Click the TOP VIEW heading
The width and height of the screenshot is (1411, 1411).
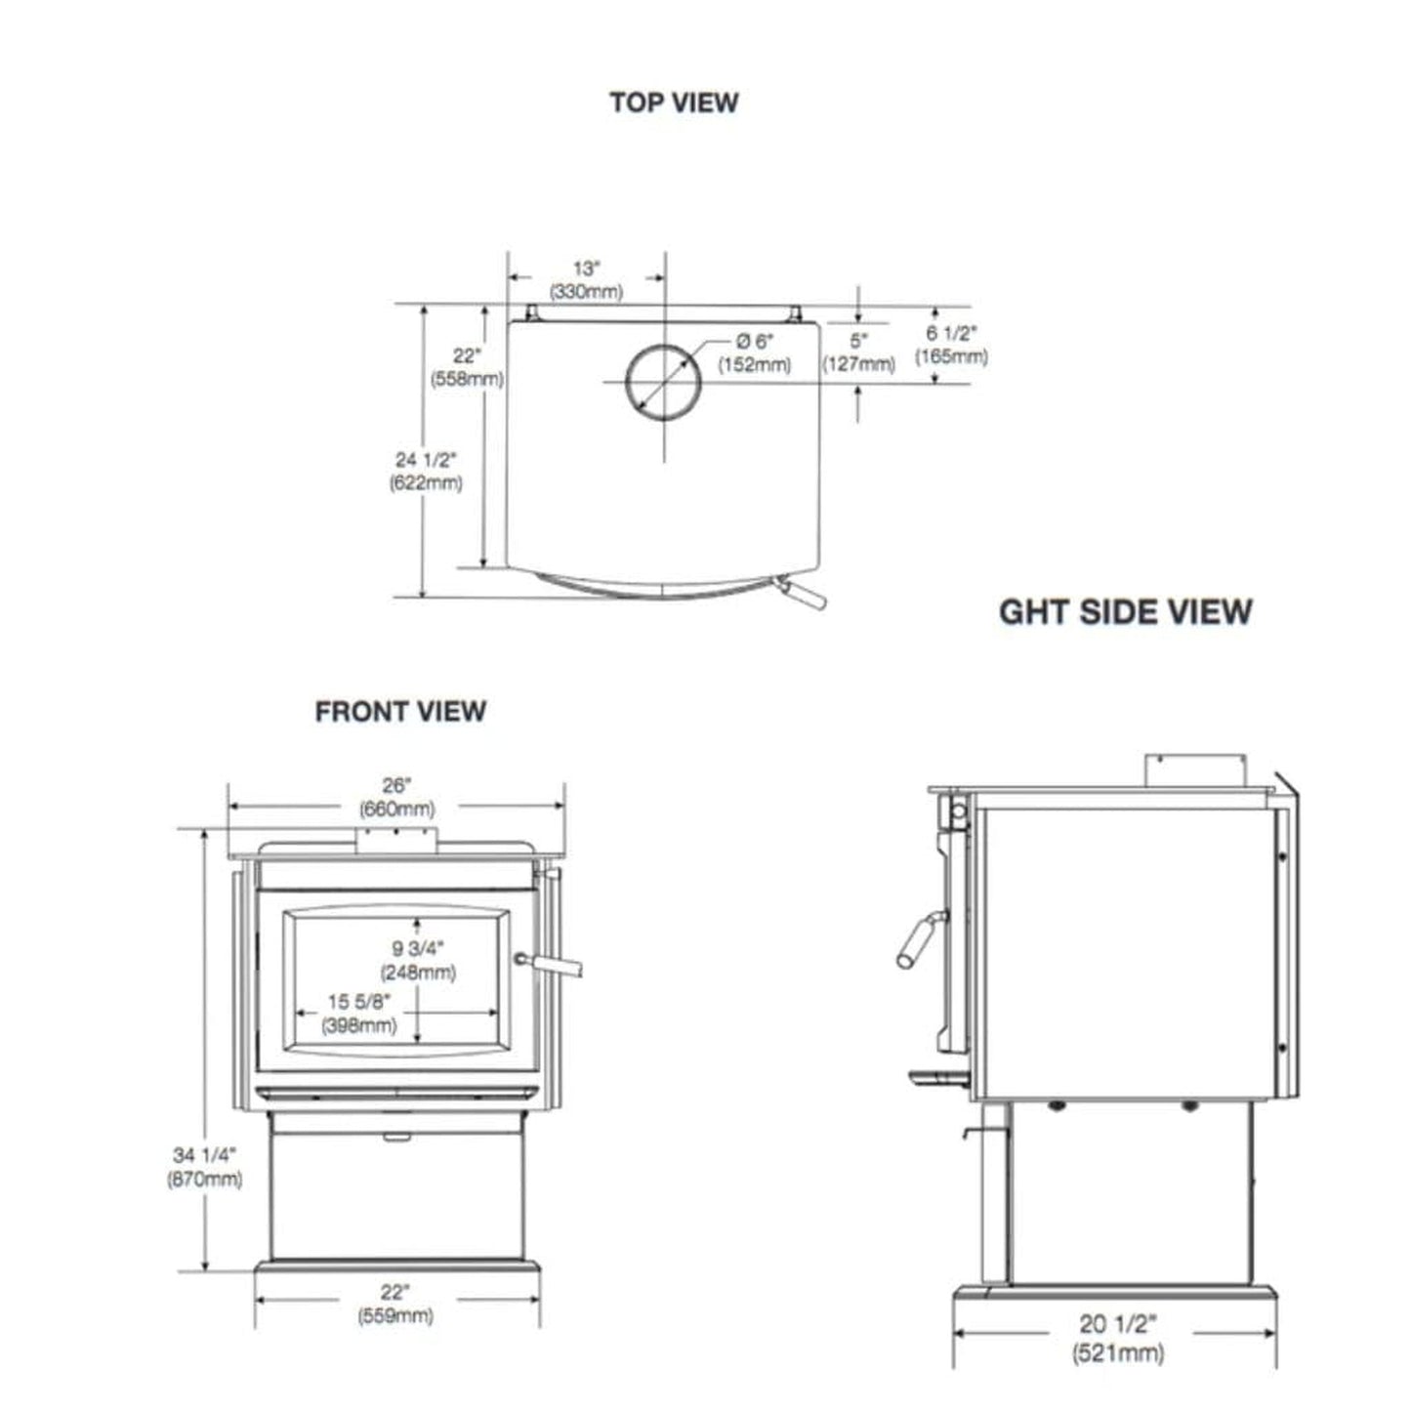pos(674,103)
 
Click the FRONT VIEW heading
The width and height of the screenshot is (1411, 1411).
pos(400,712)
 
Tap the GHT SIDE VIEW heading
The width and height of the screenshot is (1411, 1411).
pos(1125,612)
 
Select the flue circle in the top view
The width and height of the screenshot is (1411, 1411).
pos(663,382)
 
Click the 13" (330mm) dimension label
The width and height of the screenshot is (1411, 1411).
pos(586,280)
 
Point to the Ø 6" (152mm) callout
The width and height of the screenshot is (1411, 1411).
pos(754,353)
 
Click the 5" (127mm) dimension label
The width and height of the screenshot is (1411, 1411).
pos(858,353)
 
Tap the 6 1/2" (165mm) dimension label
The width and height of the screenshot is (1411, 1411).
pos(951,345)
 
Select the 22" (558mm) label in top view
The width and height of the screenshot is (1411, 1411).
pos(467,367)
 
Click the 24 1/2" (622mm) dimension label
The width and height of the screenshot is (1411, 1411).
pos(426,471)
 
